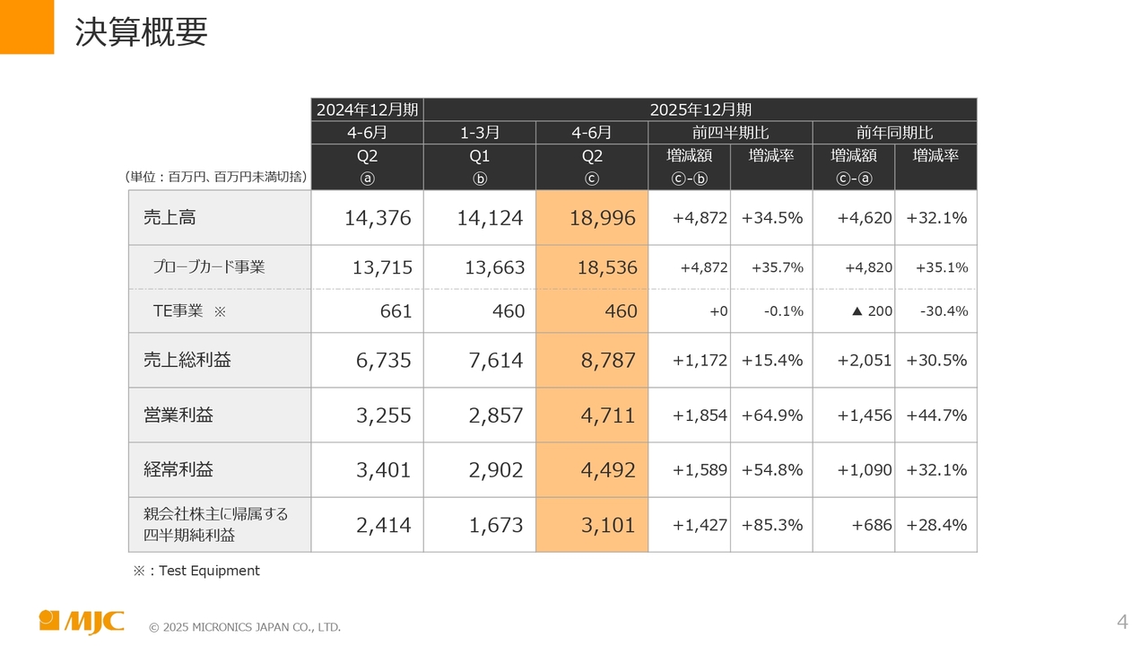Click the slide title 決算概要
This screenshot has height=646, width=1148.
click(x=141, y=32)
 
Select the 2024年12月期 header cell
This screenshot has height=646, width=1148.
click(x=367, y=109)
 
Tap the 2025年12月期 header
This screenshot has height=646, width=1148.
click(x=700, y=109)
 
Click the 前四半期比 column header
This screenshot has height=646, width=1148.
click(x=730, y=133)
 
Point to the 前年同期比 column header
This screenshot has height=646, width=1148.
click(x=894, y=133)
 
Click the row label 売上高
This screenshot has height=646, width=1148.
click(x=170, y=217)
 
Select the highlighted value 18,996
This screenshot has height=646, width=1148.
click(x=602, y=218)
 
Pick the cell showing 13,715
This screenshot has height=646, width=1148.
click(x=383, y=267)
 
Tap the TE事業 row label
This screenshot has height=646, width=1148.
click(x=178, y=311)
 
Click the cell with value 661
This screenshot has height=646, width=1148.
click(x=396, y=311)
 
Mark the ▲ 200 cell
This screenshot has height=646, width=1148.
click(x=870, y=311)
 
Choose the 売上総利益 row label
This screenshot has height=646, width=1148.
click(x=187, y=360)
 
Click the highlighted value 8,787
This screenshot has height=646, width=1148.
click(x=608, y=361)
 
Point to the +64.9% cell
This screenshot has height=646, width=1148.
click(x=771, y=415)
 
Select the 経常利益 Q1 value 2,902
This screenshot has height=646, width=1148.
click(x=495, y=470)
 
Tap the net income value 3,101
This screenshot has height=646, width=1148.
click(x=608, y=525)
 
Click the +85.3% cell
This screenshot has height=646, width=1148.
click(x=771, y=525)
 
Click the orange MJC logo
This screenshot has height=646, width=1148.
click(x=82, y=621)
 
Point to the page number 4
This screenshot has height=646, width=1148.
click(x=1122, y=622)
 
